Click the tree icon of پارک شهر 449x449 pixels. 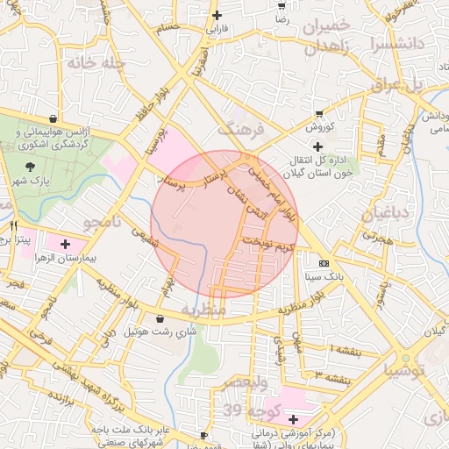pyautogui.click(x=32, y=165)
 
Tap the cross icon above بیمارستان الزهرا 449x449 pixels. pyautogui.click(x=65, y=242)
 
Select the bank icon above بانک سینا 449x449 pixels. pyautogui.click(x=324, y=262)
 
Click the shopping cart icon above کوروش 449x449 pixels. pyautogui.click(x=318, y=113)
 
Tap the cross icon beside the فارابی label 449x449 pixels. pyautogui.click(x=217, y=15)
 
